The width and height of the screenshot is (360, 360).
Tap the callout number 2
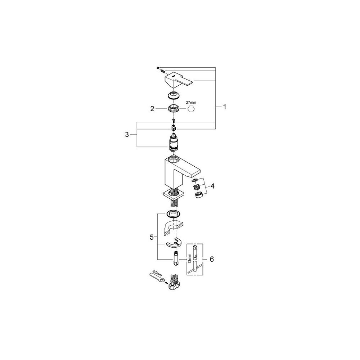coord(152,108)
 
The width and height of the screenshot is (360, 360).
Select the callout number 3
coord(127,134)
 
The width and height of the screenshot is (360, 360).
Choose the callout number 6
coord(212,259)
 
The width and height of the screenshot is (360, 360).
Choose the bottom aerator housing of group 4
coord(198,195)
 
